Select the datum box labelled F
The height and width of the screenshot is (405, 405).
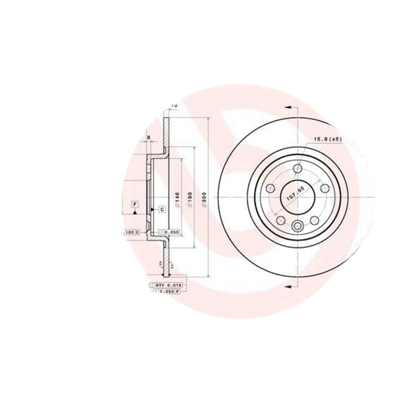[135, 205]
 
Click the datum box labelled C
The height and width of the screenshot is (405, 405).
[161, 209]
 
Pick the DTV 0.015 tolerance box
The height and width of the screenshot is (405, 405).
[167, 286]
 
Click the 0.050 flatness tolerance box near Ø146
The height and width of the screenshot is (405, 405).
[170, 232]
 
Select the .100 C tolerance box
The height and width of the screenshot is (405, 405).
[131, 232]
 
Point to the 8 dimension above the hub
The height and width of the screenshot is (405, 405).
[148, 137]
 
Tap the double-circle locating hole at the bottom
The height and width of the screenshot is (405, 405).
[297, 226]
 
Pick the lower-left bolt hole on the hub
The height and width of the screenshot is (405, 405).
[280, 219]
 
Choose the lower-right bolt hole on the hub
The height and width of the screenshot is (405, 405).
[314, 219]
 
